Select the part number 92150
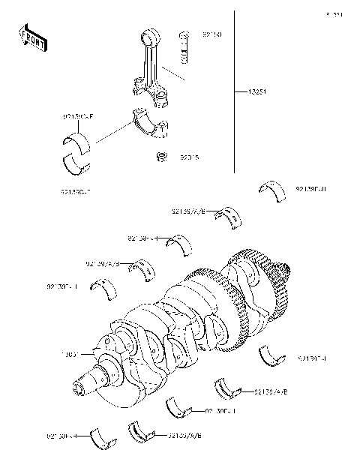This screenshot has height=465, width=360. (x=212, y=35)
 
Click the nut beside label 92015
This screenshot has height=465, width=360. (x=160, y=157)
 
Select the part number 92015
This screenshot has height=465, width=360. (x=189, y=158)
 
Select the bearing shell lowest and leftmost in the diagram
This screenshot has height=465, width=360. (x=101, y=439)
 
